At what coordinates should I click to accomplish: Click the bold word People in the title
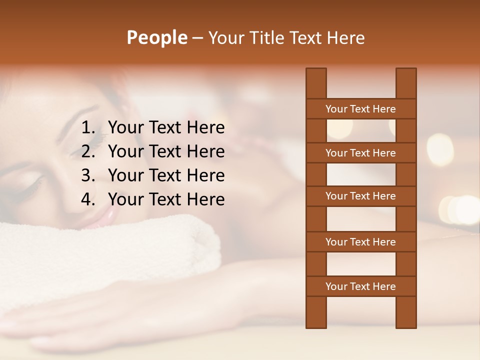pos(156,38)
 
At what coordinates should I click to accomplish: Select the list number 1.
pos(88,128)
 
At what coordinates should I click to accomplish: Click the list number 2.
pos(88,151)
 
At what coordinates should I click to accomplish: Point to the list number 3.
pos(88,175)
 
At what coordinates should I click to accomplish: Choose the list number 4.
pos(88,199)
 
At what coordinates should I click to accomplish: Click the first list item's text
pos(166,128)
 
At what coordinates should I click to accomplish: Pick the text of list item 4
pos(166,199)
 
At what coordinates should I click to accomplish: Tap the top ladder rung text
pos(360,109)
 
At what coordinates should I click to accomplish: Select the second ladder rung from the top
pos(360,153)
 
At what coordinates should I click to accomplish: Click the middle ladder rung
pos(360,196)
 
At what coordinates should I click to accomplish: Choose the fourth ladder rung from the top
pos(360,242)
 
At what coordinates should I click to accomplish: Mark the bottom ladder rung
pos(360,286)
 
